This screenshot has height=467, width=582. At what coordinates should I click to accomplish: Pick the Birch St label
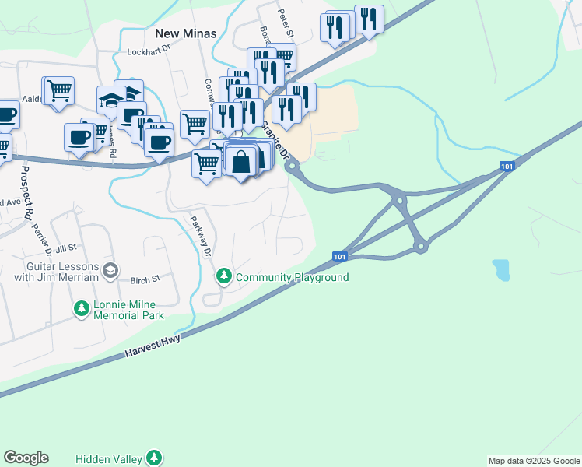[145, 279]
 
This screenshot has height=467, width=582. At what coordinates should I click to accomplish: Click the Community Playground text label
[292, 277]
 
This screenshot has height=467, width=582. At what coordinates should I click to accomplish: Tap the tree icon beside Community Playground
[224, 276]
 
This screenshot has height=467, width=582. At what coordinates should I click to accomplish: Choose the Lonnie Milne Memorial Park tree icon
[81, 310]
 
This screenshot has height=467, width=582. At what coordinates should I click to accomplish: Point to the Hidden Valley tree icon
[156, 457]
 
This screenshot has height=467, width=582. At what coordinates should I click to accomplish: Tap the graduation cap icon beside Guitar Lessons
[110, 270]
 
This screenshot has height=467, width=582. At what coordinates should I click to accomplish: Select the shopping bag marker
[242, 163]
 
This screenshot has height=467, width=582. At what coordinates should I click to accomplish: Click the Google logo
[26, 458]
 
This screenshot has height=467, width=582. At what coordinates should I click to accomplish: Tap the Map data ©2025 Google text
[534, 461]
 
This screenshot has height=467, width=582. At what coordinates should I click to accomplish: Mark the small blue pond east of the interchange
[502, 270]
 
